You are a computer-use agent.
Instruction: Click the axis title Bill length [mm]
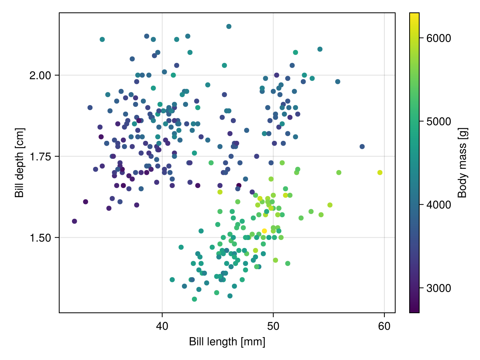(227, 342)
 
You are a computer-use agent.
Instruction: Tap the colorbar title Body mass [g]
(462, 162)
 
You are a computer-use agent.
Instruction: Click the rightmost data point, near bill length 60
(380, 172)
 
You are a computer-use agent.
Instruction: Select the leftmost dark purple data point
(74, 221)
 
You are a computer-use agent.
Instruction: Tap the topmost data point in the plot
(229, 26)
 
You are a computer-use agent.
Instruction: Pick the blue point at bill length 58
(362, 146)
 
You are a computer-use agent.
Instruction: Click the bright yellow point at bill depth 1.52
(264, 231)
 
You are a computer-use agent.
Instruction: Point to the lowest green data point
(194, 299)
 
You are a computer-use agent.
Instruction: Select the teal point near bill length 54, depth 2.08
(320, 49)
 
